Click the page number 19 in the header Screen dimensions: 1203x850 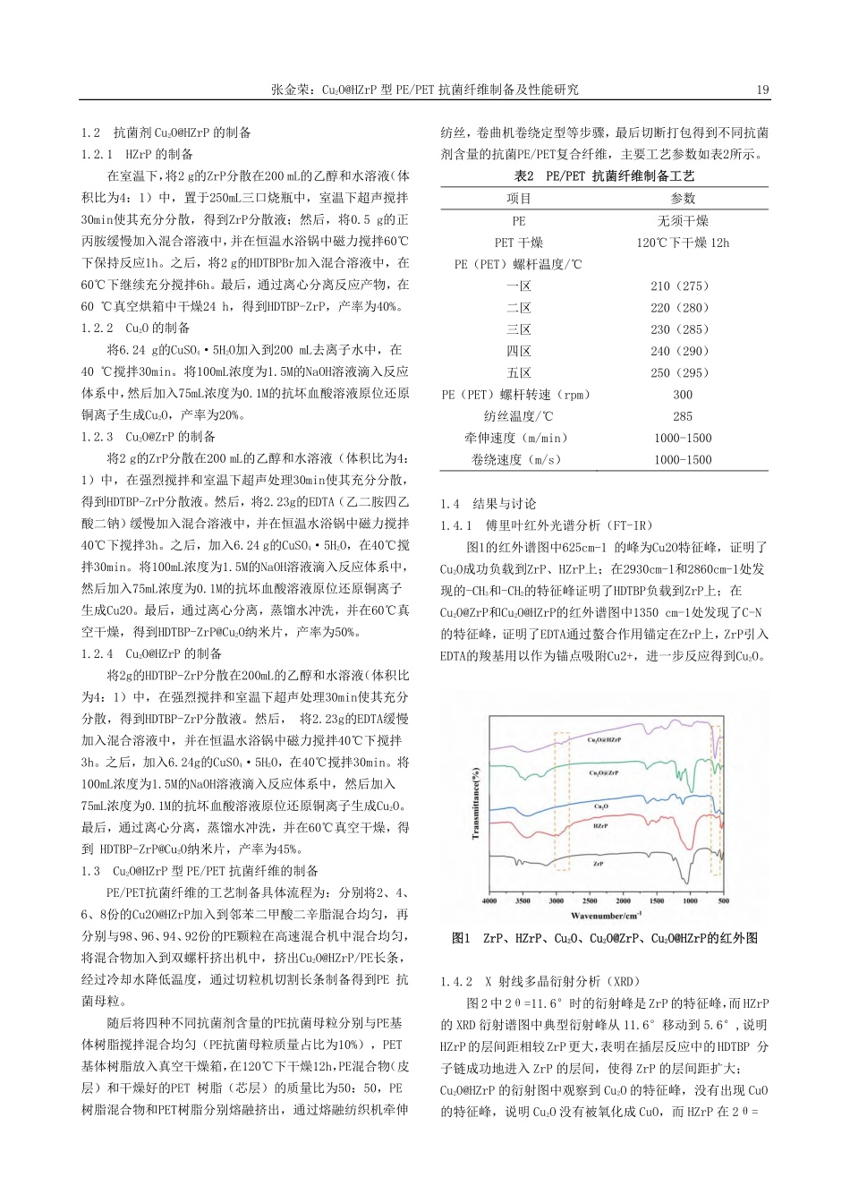pos(762,90)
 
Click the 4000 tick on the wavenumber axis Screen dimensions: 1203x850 pos(489,900)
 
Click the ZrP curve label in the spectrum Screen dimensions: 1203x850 pos(598,865)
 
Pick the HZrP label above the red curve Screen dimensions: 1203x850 pos(601,826)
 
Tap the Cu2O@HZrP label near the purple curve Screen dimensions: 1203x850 pos(605,740)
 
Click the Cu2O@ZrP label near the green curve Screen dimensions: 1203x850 pos(605,772)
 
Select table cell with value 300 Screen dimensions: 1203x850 pos(682,395)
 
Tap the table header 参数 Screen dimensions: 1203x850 pos(682,199)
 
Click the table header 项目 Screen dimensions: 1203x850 pos(519,199)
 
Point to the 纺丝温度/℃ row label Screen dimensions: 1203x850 pos(519,416)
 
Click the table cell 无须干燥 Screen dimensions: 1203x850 pos(682,221)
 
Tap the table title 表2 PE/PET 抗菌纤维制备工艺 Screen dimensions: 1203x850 pos(604,176)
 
